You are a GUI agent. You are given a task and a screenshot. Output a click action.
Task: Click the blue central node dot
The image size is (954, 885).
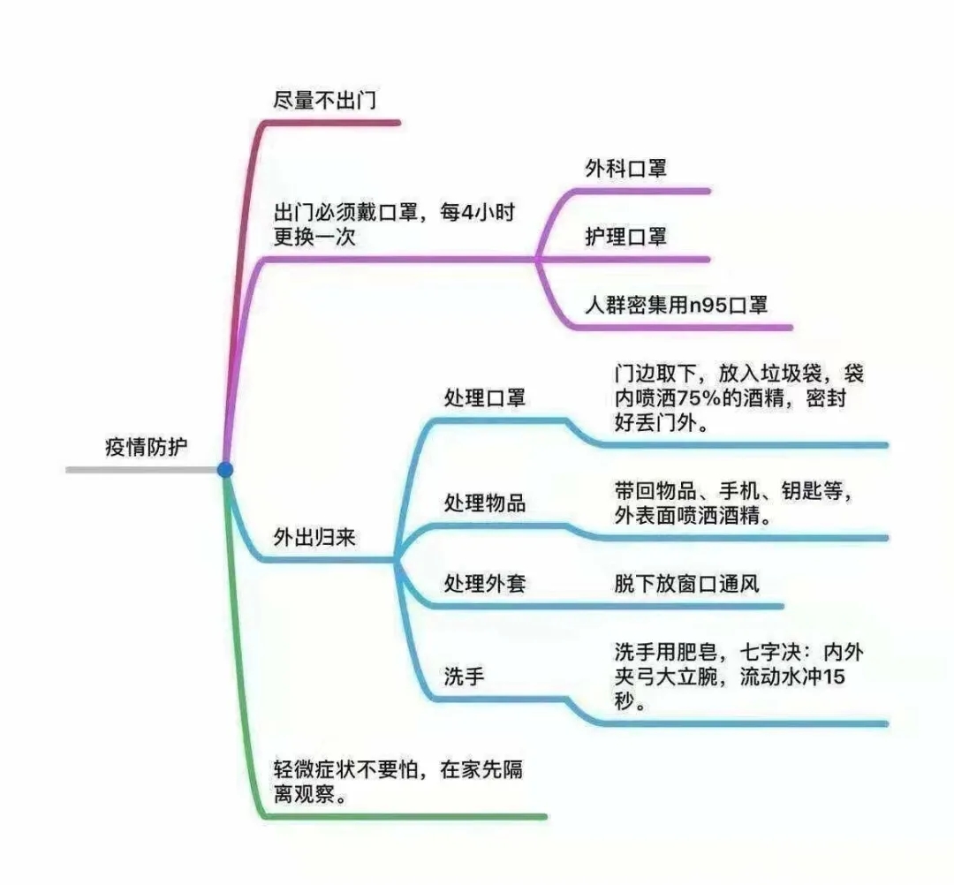point(225,470)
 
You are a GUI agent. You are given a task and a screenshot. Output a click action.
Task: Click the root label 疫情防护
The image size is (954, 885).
point(146,447)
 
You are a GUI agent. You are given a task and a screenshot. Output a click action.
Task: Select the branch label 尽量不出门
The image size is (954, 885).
point(324,100)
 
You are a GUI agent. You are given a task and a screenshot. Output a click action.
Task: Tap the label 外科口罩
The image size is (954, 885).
point(625,169)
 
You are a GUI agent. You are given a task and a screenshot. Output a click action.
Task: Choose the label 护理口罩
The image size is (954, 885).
point(625,237)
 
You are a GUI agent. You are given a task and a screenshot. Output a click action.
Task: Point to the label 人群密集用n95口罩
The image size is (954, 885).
point(676,305)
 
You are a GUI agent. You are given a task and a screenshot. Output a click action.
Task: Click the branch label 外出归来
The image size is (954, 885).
point(314,538)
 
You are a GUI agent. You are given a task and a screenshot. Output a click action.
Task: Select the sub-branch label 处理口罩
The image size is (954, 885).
point(484,398)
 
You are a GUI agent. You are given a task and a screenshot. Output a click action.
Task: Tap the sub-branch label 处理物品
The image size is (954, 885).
point(484,503)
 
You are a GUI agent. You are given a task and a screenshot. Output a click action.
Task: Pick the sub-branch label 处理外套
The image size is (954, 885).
point(484,584)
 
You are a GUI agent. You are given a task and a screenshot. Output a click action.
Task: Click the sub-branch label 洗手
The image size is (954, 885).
point(464,677)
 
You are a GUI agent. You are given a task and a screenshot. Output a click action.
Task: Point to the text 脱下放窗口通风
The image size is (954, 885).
point(686,584)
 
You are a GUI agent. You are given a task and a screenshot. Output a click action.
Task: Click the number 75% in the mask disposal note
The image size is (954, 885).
point(699,398)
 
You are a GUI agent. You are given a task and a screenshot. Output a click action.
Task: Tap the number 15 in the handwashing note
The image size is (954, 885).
point(834,677)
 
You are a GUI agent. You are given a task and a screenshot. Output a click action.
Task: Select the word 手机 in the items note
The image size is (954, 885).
point(740,490)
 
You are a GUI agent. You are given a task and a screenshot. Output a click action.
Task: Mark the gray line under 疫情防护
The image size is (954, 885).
point(141,470)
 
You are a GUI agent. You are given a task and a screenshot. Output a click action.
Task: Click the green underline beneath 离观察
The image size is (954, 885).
point(405,816)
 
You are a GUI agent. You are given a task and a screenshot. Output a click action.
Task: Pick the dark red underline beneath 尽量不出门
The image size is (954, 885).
point(332,123)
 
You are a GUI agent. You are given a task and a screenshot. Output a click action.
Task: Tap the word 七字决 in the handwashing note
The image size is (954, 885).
point(770,652)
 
